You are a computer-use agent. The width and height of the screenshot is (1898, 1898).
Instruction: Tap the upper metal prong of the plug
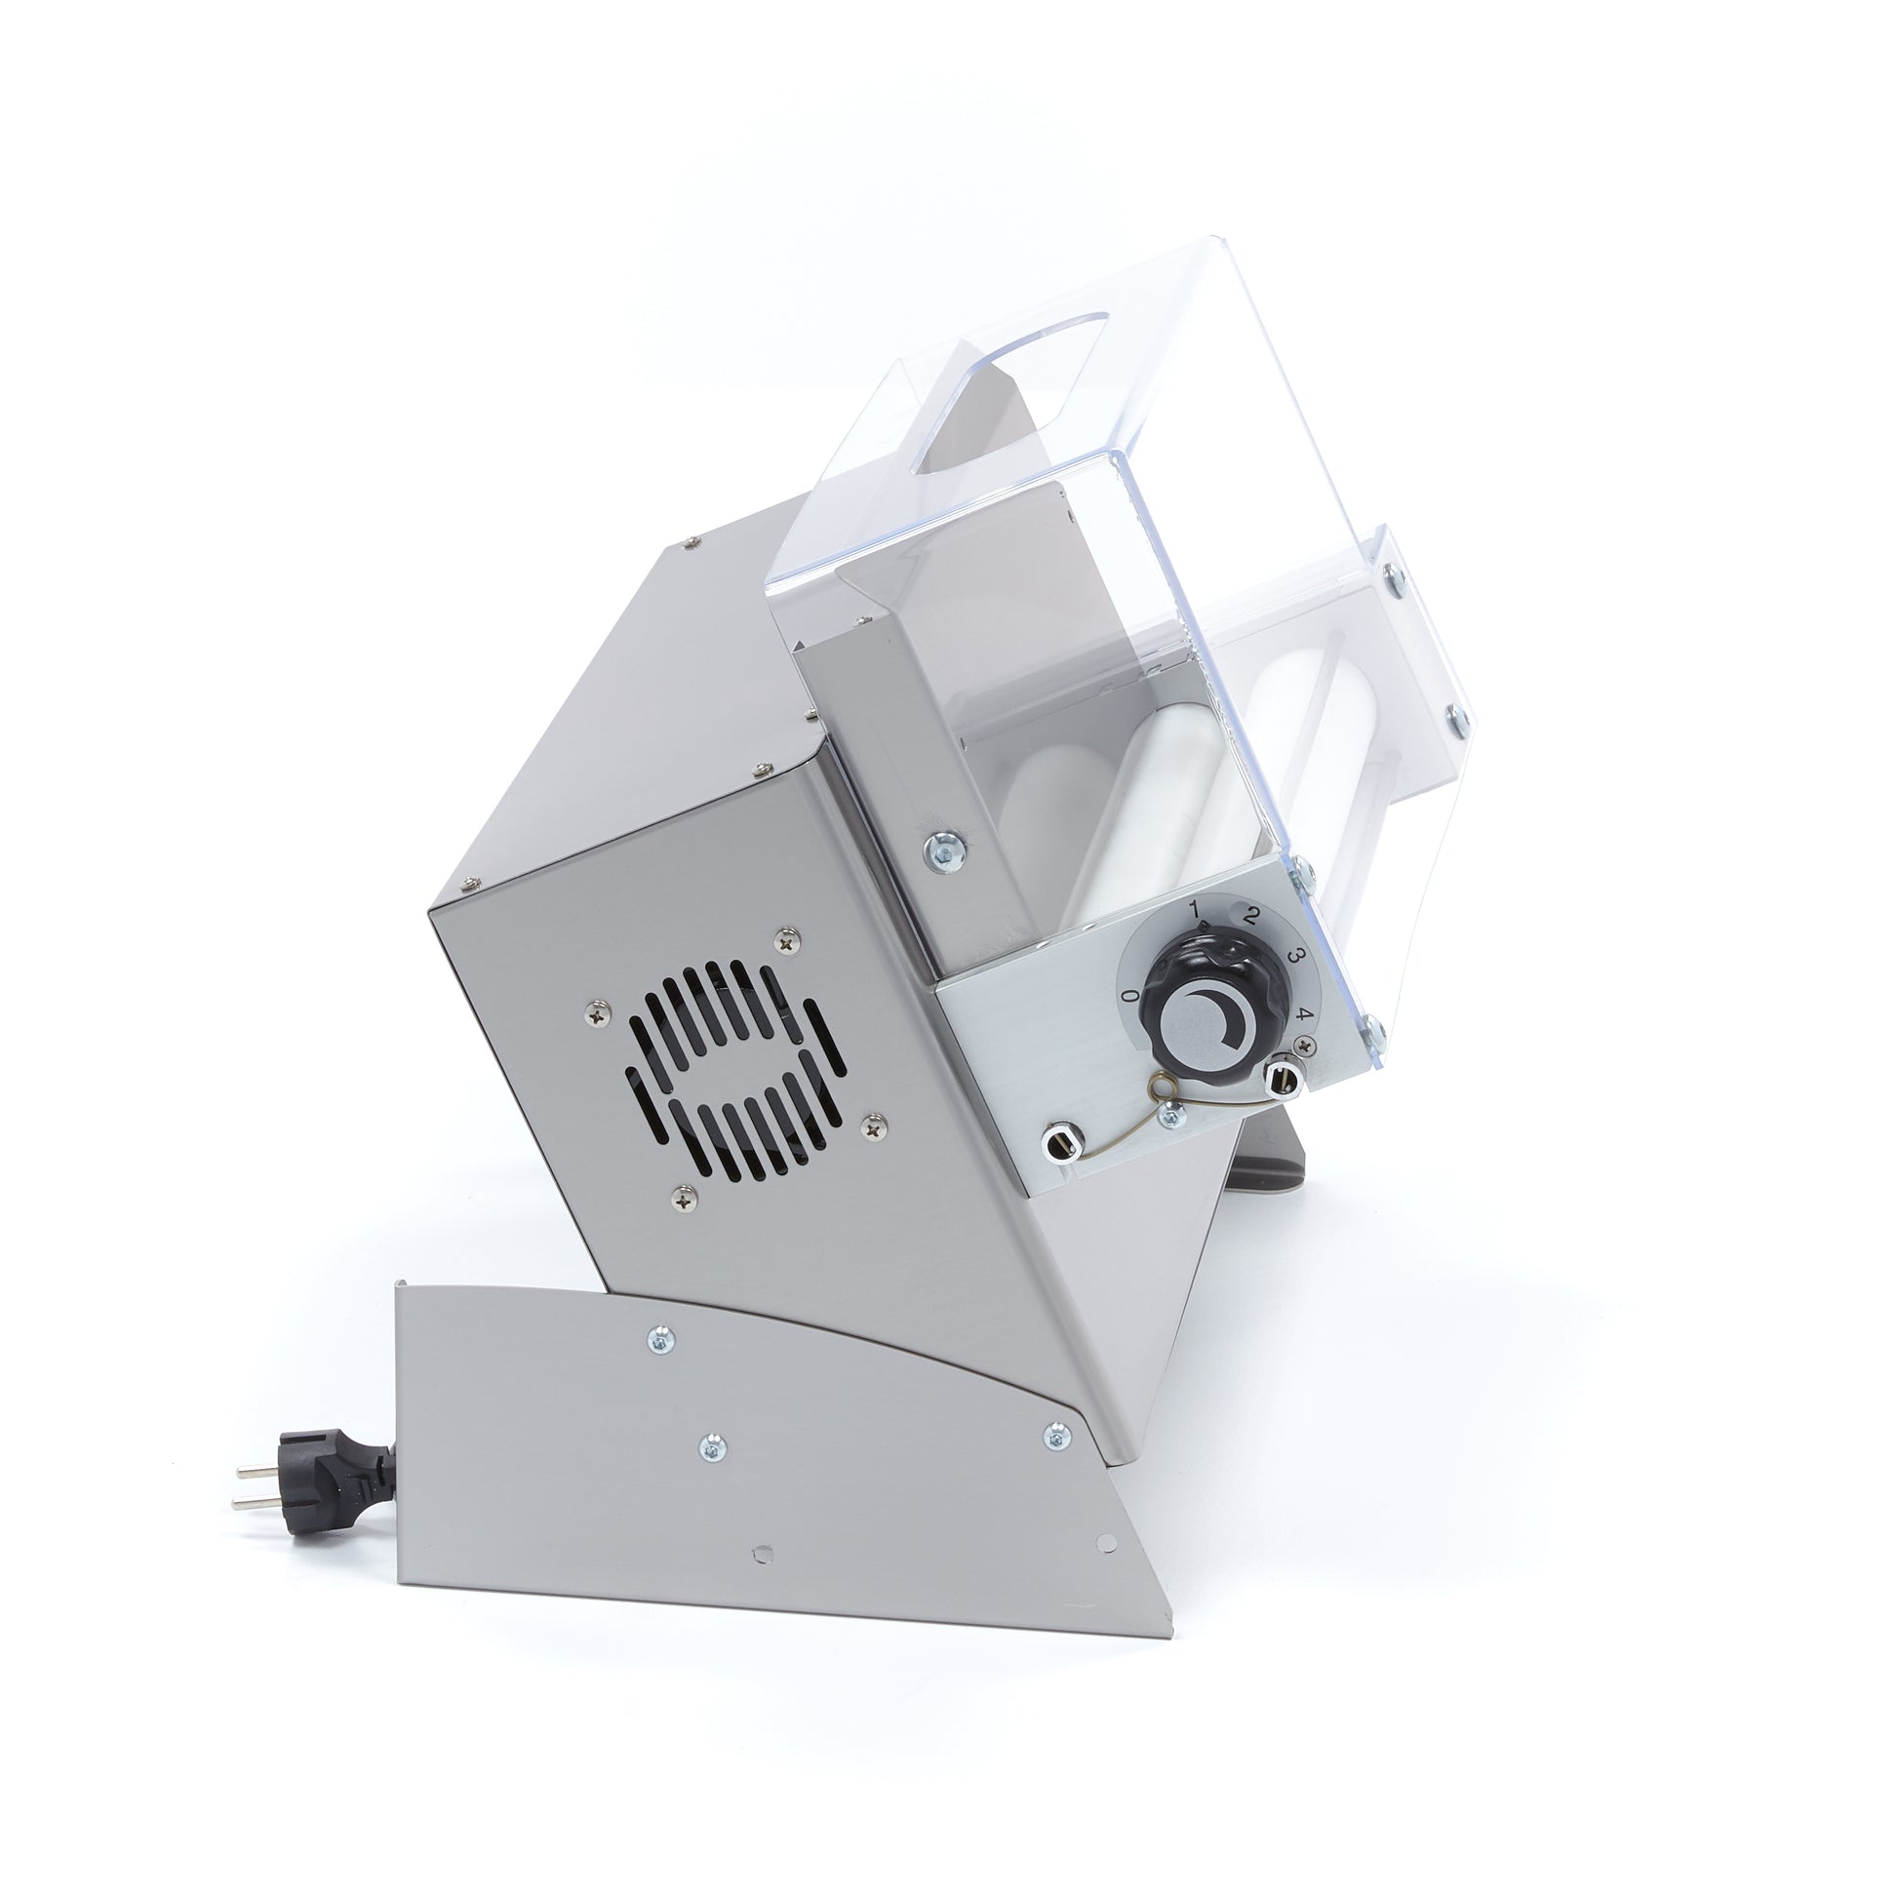(257, 1469)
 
